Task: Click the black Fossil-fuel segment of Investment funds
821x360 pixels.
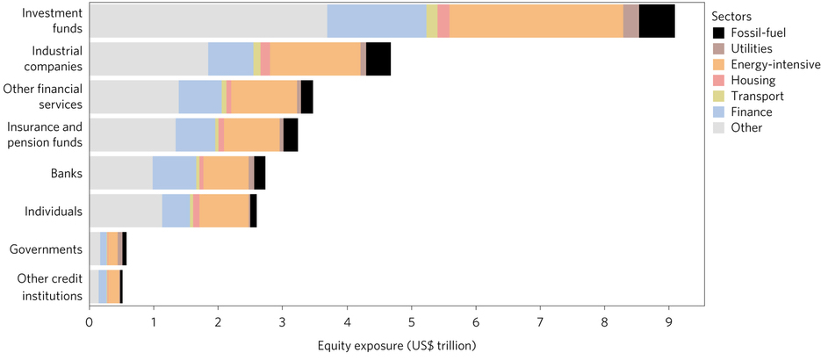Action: [x=657, y=21]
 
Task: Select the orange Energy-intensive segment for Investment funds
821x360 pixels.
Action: [x=536, y=21]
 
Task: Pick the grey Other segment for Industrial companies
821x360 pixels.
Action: [x=148, y=59]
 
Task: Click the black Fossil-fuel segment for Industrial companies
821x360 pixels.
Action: [x=378, y=59]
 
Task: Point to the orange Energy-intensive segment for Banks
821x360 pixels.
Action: [x=226, y=173]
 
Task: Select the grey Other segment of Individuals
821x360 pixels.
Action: [x=126, y=211]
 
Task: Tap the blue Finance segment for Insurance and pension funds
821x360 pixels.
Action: [x=195, y=135]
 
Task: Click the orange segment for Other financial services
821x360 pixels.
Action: [x=263, y=97]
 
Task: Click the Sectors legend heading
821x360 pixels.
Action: [x=732, y=17]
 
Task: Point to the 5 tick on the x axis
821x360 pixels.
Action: [x=411, y=323]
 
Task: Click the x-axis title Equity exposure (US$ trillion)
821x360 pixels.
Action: [x=397, y=345]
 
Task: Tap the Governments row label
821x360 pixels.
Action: [x=46, y=249]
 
